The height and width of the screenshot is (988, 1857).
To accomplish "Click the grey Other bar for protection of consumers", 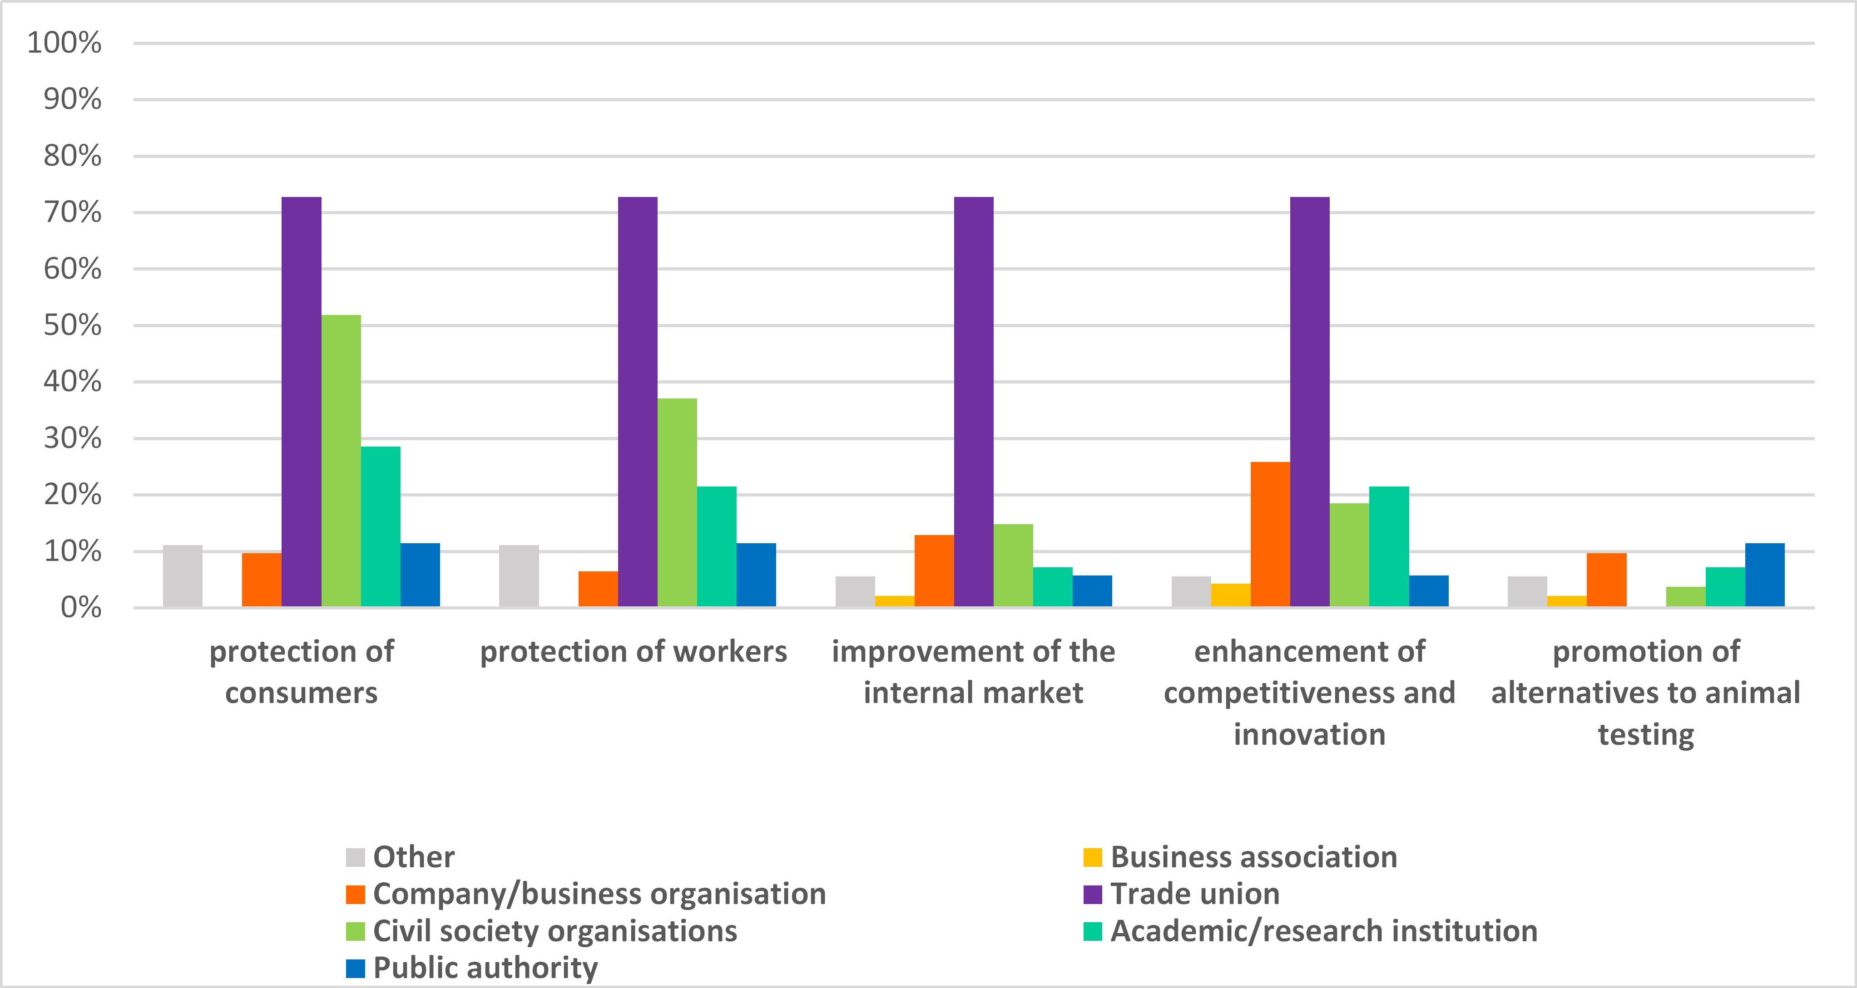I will (183, 576).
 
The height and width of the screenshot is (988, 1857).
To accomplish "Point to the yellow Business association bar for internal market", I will (895, 601).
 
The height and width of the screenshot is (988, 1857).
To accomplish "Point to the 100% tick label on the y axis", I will (64, 43).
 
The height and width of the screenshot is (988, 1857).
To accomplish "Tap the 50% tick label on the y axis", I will (72, 326).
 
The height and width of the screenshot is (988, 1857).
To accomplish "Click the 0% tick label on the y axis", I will (81, 608).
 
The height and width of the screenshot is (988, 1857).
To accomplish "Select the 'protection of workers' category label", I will (634, 651).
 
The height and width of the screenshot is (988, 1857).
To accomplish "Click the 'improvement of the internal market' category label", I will (973, 672).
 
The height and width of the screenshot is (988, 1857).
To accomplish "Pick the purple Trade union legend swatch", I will (1093, 895).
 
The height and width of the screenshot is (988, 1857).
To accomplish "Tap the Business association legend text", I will (1253, 857).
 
